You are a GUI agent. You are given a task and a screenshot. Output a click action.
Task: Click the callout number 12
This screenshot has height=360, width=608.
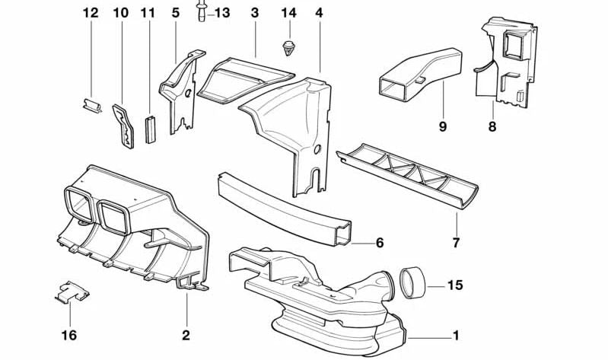(x=91, y=13)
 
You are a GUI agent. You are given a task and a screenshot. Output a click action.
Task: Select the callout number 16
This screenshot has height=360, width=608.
(x=69, y=334)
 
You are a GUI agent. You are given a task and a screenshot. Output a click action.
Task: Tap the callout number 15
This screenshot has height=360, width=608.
(x=455, y=287)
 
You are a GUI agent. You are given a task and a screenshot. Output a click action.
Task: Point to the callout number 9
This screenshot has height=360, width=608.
(x=443, y=126)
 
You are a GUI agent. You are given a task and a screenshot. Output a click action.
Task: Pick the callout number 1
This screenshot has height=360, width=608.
(x=456, y=335)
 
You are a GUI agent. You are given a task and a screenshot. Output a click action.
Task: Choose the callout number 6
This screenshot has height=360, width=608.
(x=379, y=244)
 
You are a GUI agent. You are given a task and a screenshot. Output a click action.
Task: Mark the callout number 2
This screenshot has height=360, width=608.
(x=185, y=334)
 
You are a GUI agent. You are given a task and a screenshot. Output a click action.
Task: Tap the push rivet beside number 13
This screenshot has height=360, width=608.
(x=202, y=13)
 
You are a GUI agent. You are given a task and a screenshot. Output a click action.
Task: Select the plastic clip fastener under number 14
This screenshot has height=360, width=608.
(x=289, y=47)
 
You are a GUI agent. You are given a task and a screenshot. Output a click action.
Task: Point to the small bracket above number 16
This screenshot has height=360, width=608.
(x=71, y=291)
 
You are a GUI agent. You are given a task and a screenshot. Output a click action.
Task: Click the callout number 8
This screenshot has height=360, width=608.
(x=492, y=126)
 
